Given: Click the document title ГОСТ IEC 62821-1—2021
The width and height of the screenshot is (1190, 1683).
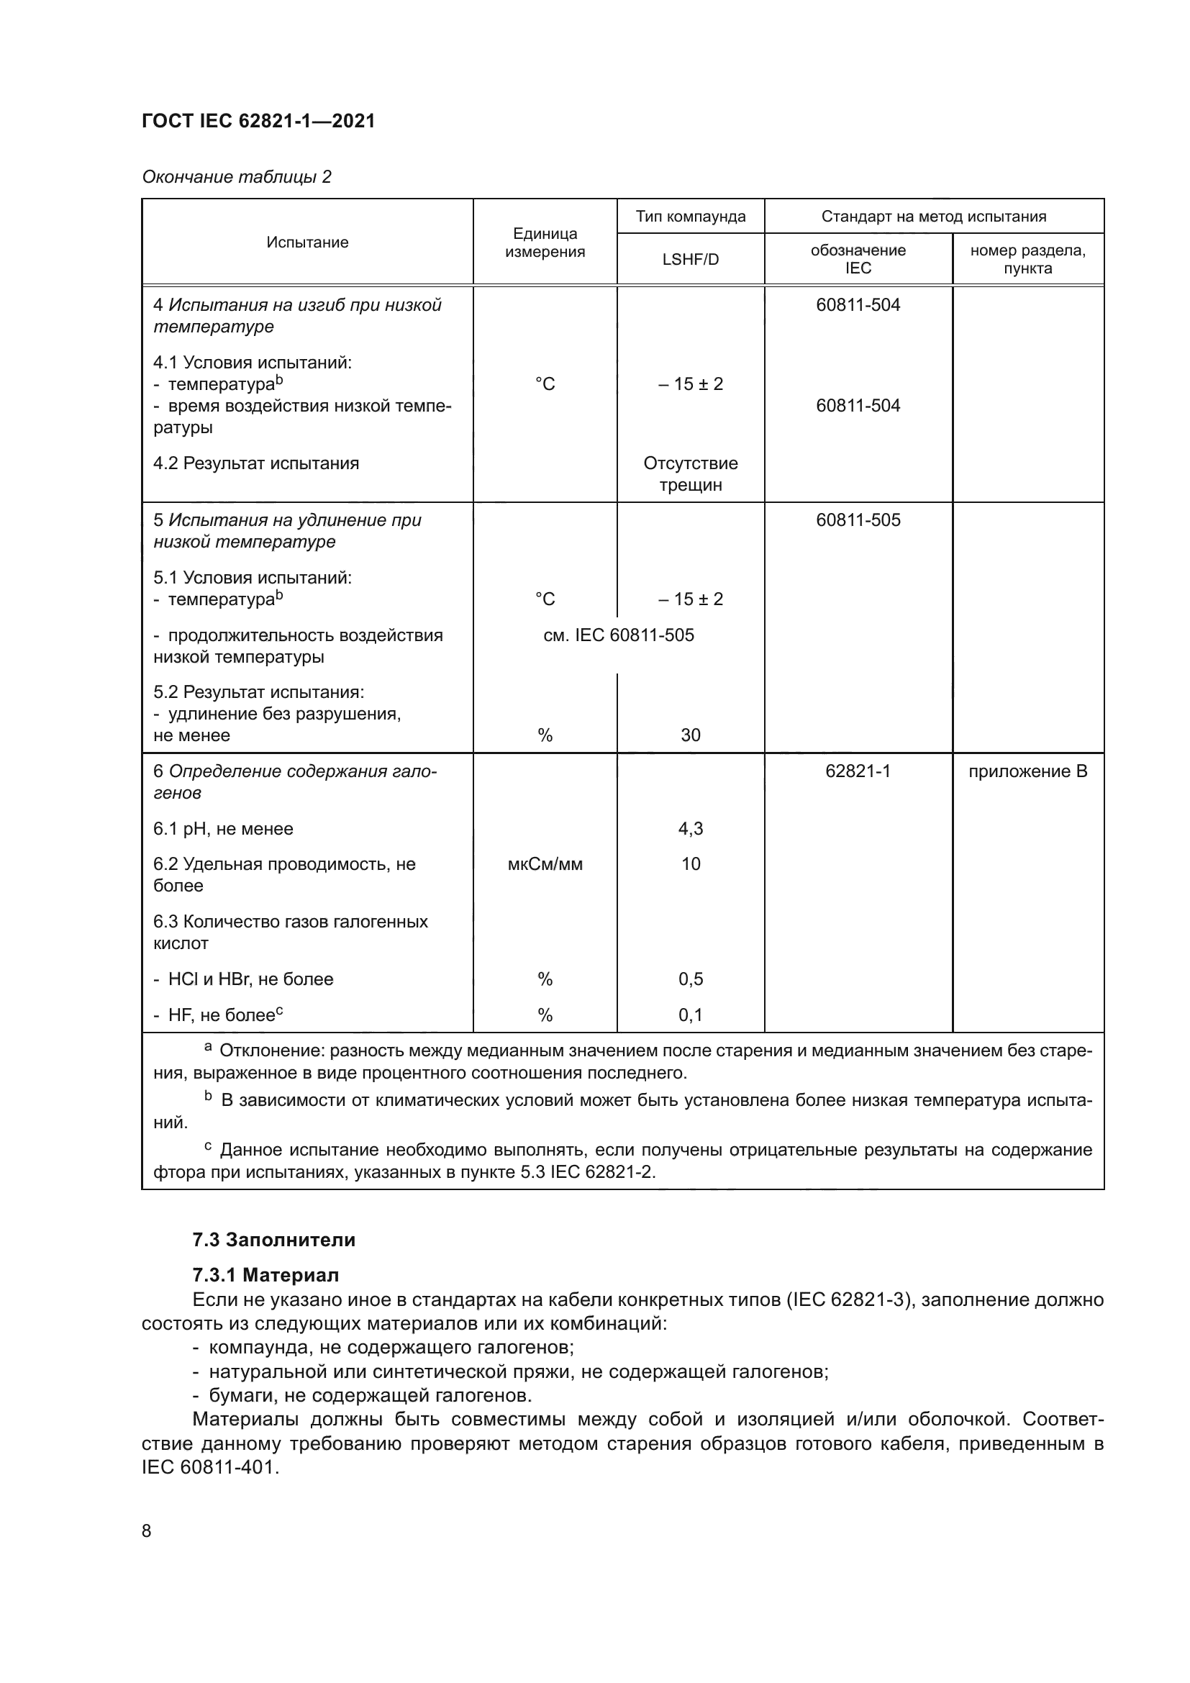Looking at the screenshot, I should [258, 121].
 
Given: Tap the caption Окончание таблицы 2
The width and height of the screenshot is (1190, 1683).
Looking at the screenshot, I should [236, 177].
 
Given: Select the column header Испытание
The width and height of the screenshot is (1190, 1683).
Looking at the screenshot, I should [307, 242].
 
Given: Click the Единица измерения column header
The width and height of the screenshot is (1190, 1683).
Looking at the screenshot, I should [545, 242].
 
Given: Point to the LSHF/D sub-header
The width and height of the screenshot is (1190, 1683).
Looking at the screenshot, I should [690, 260].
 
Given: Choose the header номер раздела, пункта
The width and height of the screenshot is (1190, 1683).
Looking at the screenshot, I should [1027, 259].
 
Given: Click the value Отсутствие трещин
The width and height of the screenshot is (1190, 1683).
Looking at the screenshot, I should [690, 473].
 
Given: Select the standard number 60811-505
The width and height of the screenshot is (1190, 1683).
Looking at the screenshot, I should [858, 520].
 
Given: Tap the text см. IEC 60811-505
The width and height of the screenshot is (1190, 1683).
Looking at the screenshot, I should [619, 635].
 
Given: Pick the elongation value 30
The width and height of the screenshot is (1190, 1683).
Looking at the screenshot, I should [690, 735].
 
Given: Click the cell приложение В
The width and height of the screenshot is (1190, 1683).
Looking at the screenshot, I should [1027, 771].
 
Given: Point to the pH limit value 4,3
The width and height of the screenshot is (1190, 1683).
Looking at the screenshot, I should [690, 828].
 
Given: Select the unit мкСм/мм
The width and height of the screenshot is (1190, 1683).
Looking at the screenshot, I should [545, 864].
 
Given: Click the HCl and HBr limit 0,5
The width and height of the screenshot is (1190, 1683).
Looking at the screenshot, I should [690, 979].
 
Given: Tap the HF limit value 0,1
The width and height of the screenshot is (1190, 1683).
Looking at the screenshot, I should [690, 1015].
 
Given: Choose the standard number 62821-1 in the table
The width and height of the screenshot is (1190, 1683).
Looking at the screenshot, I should [858, 771].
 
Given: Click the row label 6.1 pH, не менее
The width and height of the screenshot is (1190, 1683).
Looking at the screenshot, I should [223, 829].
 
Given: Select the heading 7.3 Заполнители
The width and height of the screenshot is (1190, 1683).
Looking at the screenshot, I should [273, 1240].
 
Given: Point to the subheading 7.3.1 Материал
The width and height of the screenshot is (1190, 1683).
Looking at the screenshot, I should [265, 1275].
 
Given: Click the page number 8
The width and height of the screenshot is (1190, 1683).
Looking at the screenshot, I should [147, 1530].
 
